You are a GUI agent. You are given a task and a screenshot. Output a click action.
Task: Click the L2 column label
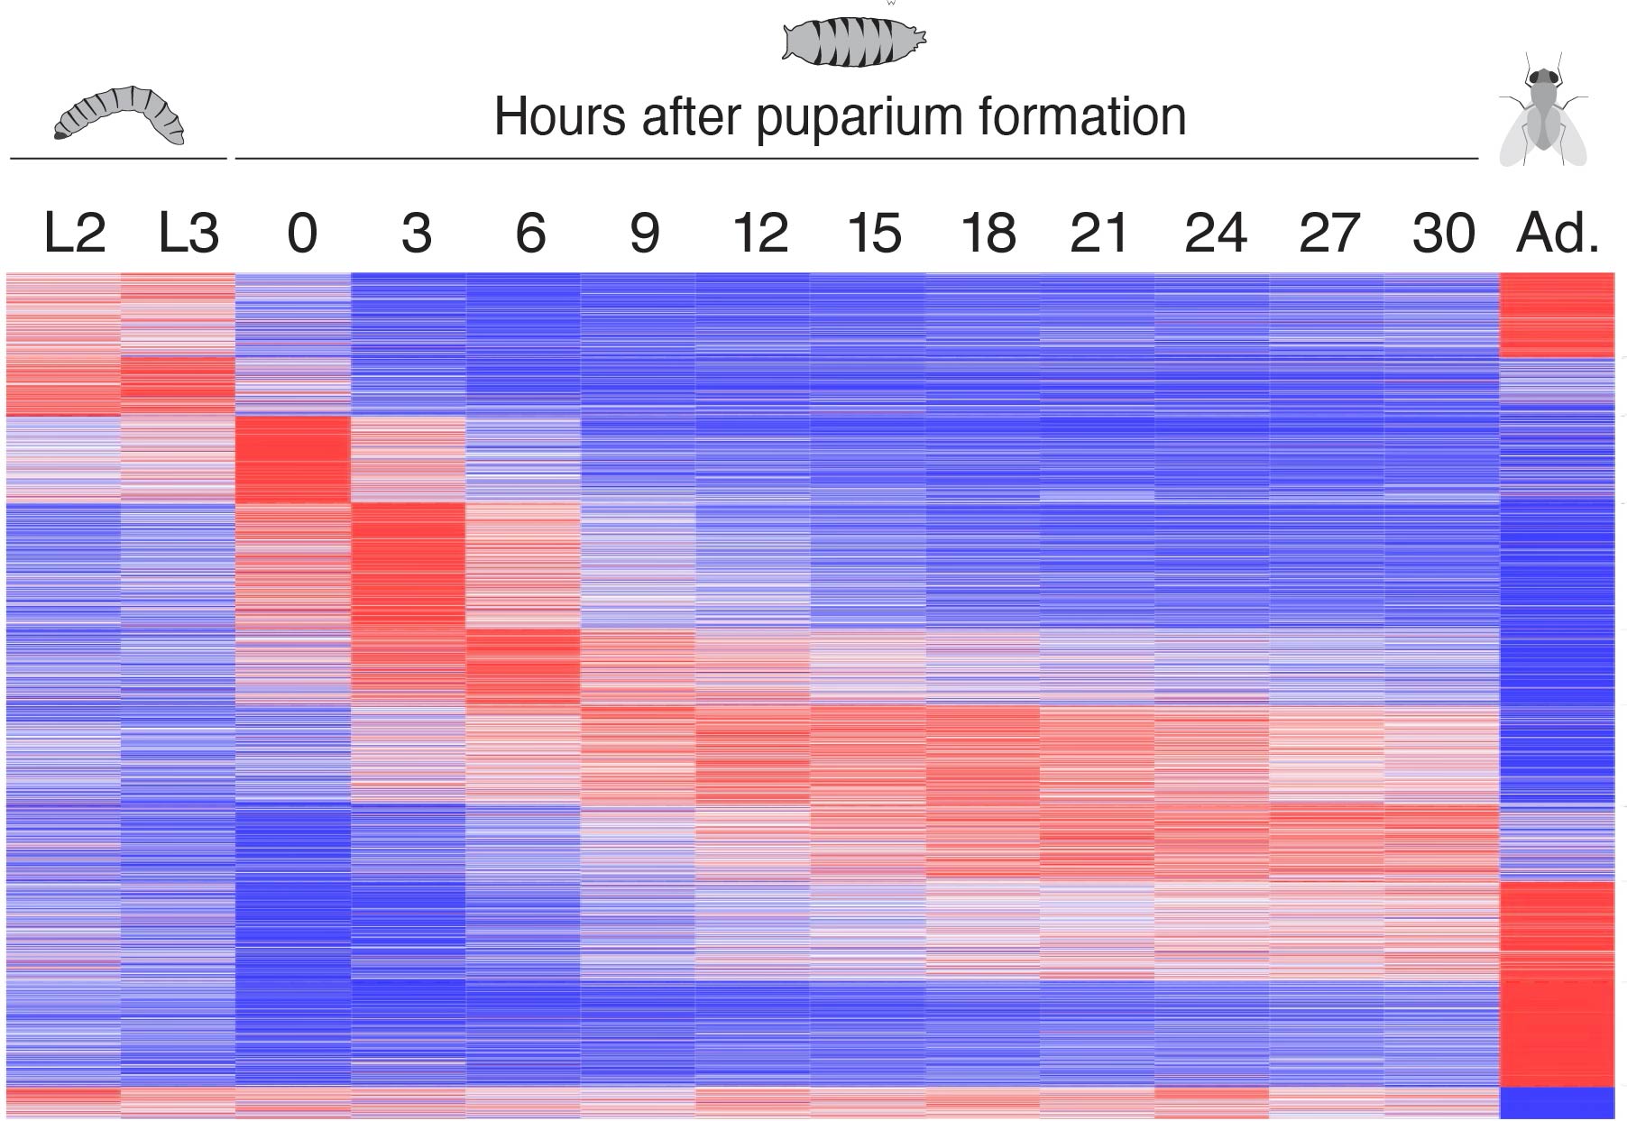(74, 233)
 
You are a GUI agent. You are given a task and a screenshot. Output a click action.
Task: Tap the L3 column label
(188, 233)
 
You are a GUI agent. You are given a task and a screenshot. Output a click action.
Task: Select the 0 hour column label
(301, 233)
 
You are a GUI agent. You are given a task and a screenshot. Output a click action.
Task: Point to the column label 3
(416, 233)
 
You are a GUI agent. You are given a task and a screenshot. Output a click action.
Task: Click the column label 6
(530, 233)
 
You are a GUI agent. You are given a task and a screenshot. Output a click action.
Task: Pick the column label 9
(644, 233)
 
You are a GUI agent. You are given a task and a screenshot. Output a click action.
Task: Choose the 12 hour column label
(760, 233)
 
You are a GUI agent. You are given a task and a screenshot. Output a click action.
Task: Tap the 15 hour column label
(874, 233)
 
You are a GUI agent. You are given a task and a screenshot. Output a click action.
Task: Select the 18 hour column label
(988, 233)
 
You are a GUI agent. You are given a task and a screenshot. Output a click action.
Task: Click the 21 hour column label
(1098, 233)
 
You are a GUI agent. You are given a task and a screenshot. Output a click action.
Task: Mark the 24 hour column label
(1215, 233)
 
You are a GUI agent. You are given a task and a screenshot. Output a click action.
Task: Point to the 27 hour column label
(1328, 233)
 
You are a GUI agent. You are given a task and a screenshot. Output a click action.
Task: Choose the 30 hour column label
(1443, 233)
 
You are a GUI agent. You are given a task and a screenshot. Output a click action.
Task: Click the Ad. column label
(1558, 233)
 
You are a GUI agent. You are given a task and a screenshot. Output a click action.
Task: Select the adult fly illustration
(1542, 113)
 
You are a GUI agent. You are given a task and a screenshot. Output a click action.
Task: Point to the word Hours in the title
(559, 117)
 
